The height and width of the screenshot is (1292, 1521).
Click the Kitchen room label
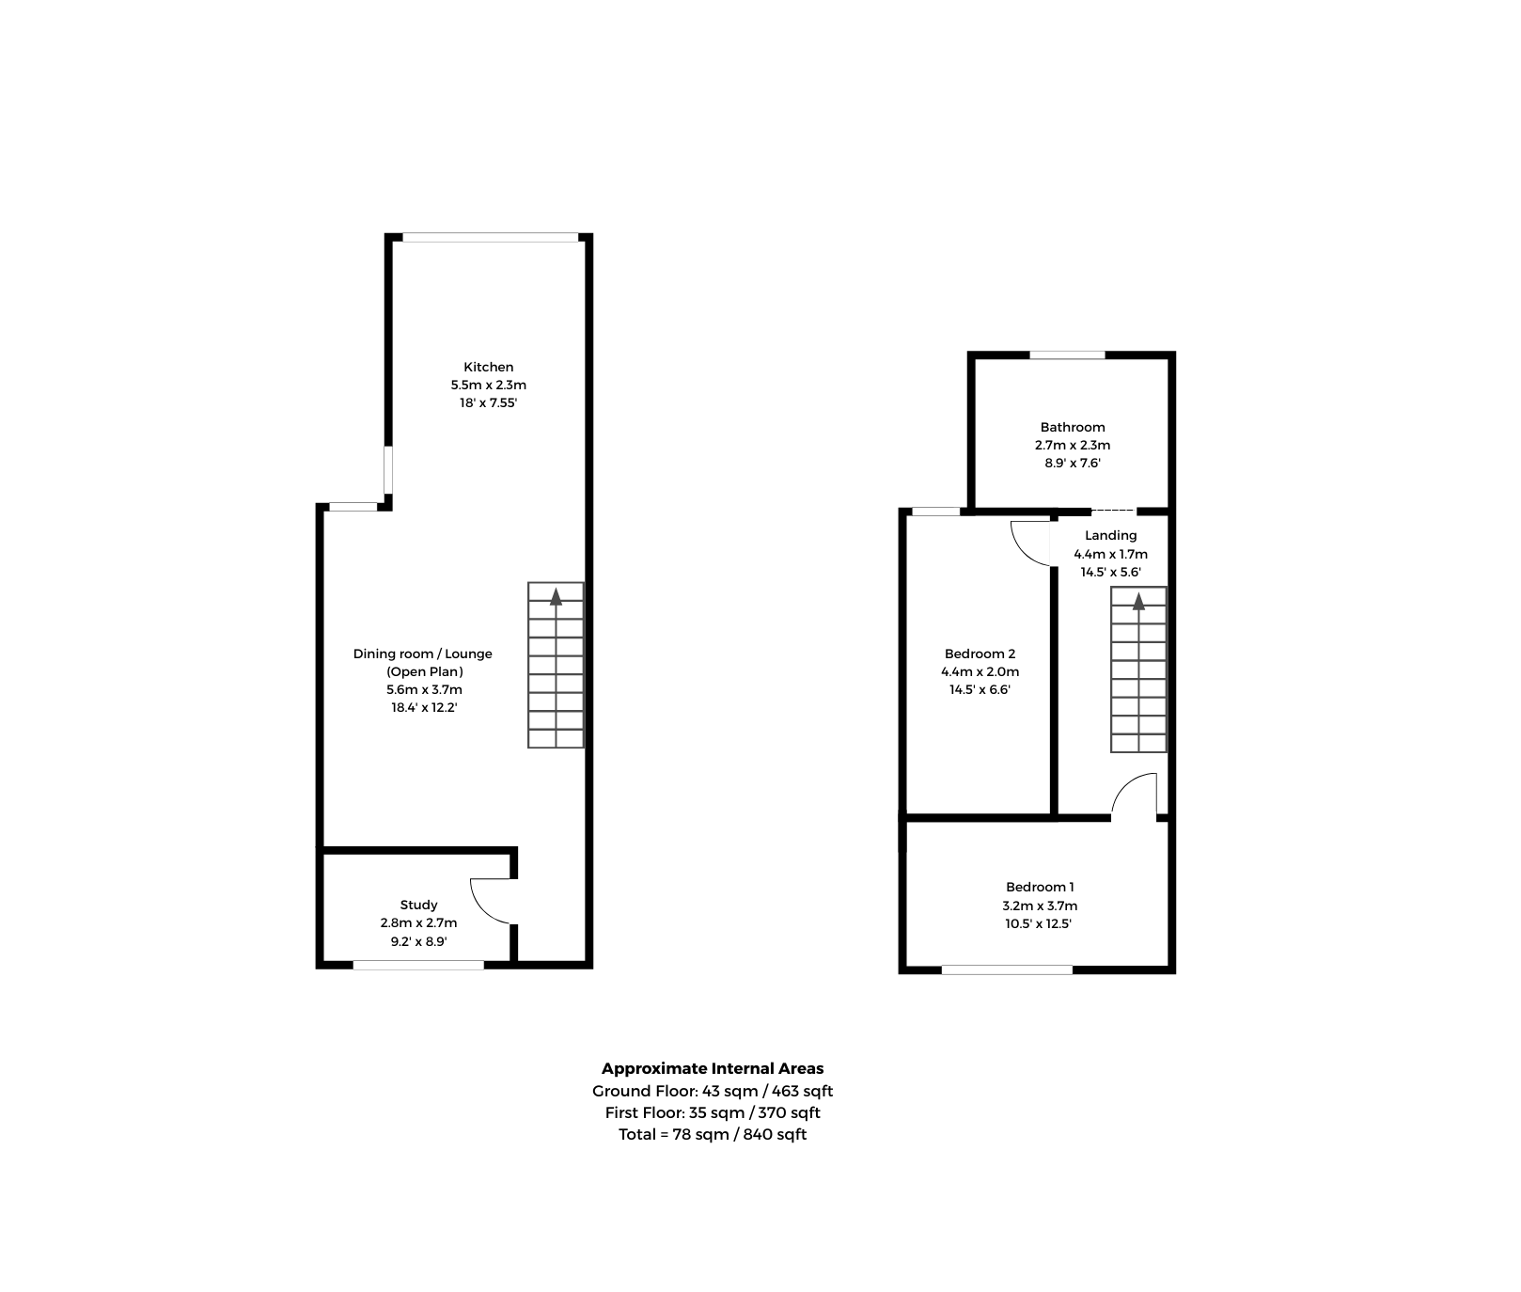click(489, 367)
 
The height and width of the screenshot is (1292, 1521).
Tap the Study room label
click(418, 905)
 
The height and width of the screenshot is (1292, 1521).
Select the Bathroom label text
click(1073, 427)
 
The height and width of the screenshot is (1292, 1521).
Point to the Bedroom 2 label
click(980, 654)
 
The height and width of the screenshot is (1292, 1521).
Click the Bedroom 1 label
click(1040, 887)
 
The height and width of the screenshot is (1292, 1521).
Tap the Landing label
click(1110, 535)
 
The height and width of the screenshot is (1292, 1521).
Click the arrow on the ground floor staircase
click(556, 595)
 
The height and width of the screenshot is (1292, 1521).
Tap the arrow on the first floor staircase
click(1138, 600)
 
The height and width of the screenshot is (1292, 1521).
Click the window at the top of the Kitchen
click(490, 237)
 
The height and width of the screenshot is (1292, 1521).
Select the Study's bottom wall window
click(418, 964)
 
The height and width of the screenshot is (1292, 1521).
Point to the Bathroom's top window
click(1067, 355)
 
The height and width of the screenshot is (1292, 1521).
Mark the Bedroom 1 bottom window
click(1007, 969)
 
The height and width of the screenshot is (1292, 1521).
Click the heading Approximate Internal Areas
click(713, 1068)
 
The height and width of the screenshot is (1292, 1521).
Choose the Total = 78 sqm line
click(713, 1134)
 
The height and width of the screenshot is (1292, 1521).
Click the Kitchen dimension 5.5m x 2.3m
click(489, 385)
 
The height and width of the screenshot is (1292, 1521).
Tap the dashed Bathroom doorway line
click(1113, 511)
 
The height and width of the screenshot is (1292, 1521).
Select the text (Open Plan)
click(425, 671)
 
